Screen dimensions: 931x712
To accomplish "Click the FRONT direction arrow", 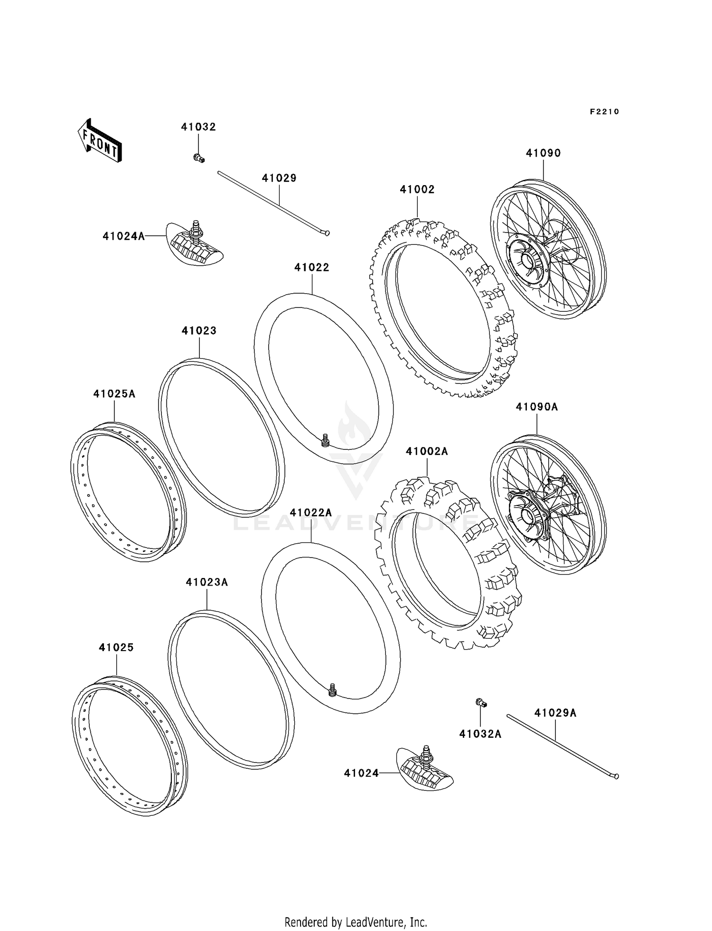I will coord(100,140).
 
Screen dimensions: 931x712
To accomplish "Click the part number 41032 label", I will coord(198,127).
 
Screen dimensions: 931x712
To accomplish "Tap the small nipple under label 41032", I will coord(198,158).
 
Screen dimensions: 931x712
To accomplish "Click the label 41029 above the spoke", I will coord(279,178).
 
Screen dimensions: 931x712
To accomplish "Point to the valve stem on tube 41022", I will coord(325,440).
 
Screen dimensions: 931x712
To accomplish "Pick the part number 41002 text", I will coord(417,189).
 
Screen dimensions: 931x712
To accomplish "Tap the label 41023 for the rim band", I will coord(199,331).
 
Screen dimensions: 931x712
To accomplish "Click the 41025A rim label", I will coord(114,393).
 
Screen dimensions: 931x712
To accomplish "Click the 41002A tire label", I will coord(427,451).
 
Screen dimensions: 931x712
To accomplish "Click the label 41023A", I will coord(207,582).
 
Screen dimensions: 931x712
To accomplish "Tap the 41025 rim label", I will coord(116,647).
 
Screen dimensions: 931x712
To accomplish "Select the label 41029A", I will coord(555,713).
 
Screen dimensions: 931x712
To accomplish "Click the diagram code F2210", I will coord(604,112).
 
